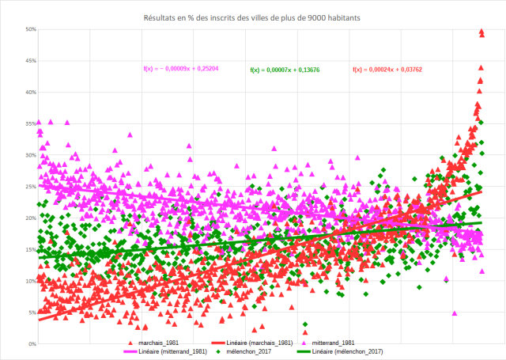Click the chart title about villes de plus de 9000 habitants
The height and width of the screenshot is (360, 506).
252,17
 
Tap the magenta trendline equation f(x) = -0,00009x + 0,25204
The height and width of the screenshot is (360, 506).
180,69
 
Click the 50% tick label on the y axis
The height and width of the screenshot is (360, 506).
31,29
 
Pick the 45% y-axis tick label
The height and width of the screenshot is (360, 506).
31,61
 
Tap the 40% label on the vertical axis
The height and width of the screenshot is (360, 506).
31,93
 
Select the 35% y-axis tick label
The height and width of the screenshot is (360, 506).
31,123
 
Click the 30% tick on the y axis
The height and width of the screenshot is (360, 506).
31,155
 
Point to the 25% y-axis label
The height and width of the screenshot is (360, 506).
31,187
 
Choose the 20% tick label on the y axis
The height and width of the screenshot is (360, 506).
31,218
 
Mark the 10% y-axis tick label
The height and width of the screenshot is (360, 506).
31,281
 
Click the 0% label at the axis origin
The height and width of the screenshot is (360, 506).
32,344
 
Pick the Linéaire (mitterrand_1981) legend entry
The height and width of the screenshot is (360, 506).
170,351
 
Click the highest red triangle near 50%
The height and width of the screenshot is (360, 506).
481,32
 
